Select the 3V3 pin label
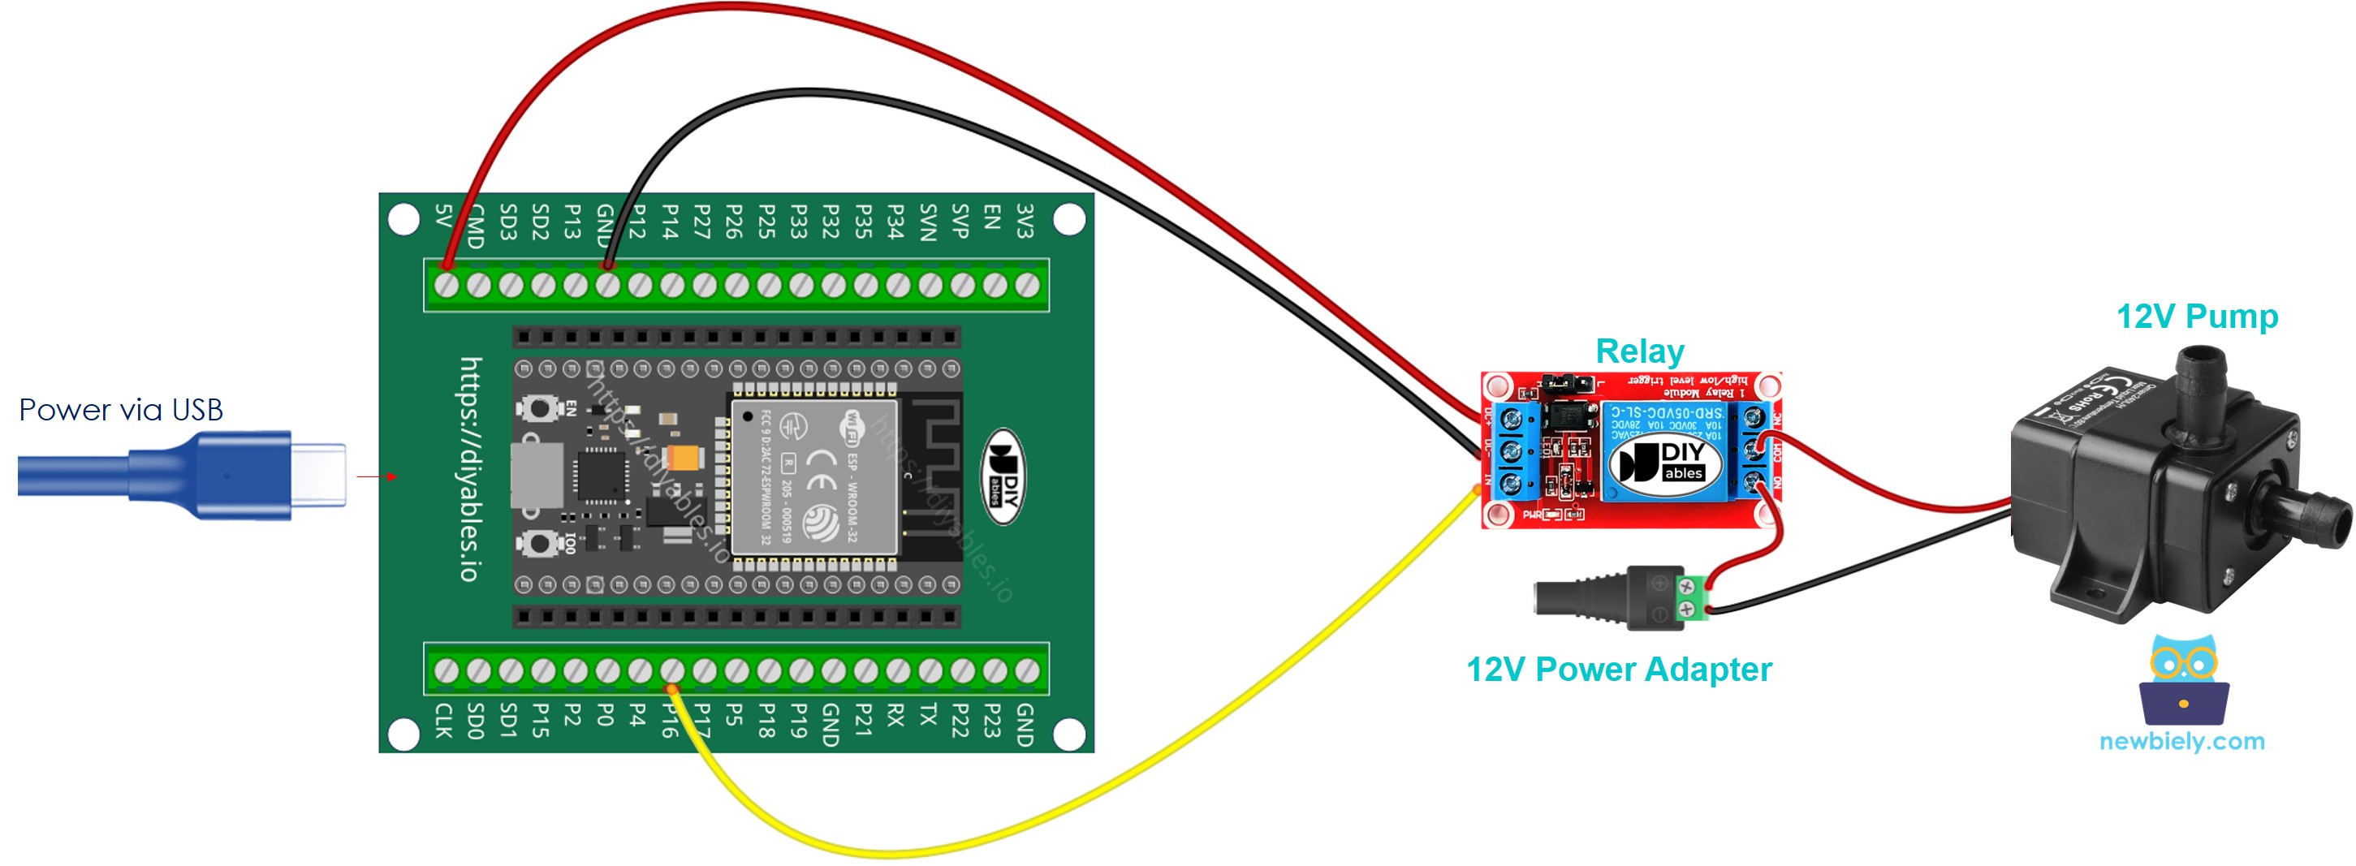(1025, 222)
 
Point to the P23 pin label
(992, 720)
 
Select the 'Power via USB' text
(121, 410)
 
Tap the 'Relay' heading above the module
(1639, 351)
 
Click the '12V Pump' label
(2196, 317)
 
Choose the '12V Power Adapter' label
(1618, 670)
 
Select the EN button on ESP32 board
(540, 408)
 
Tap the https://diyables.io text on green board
(469, 468)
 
